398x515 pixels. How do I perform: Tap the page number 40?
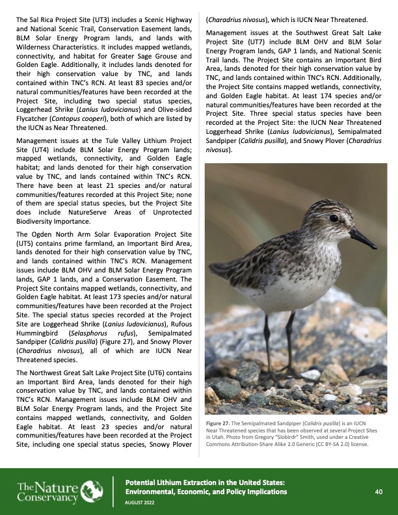[378, 474]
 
